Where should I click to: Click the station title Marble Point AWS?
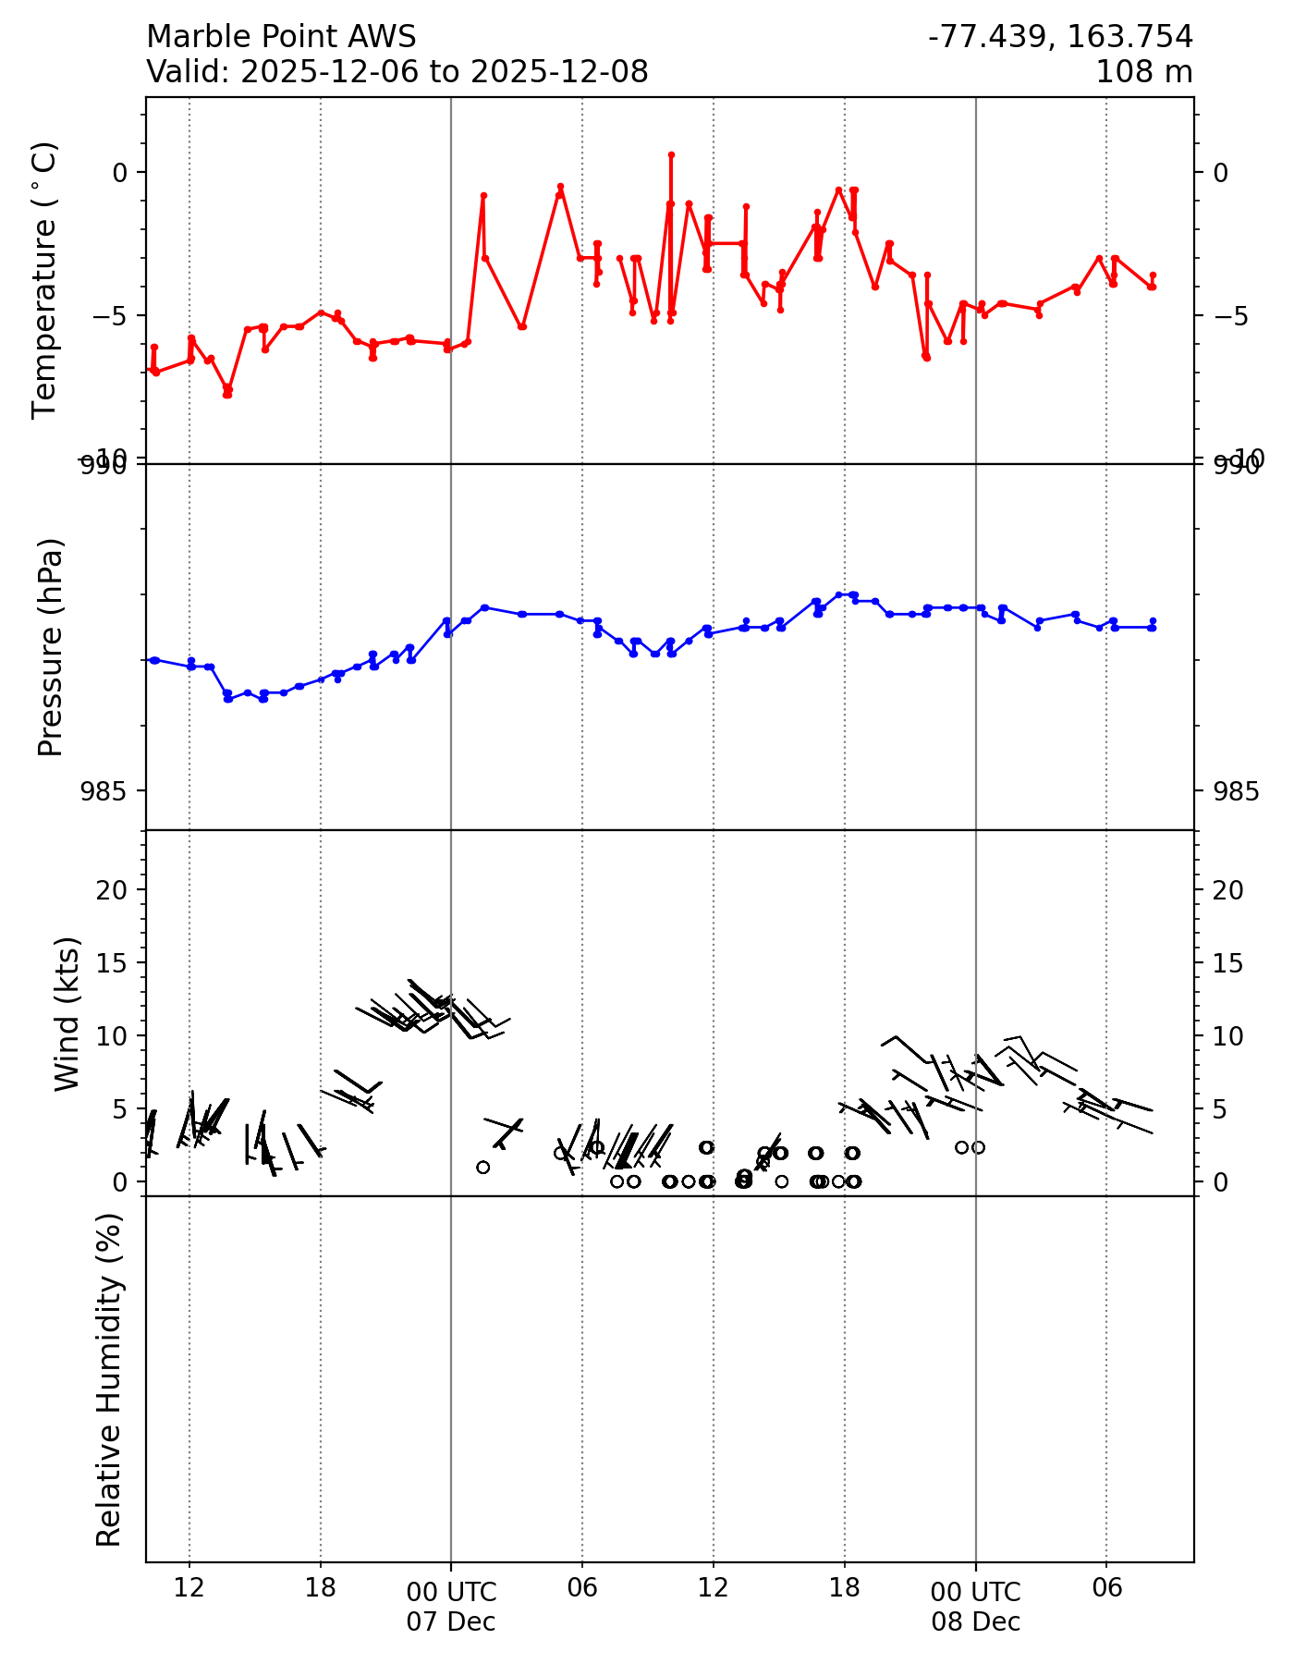point(281,37)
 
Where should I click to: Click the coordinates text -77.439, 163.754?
point(1060,37)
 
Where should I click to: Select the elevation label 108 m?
point(1143,71)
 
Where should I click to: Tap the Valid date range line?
point(397,71)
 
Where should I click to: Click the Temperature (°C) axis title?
point(45,280)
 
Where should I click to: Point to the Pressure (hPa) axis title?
point(51,647)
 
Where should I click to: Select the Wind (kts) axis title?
point(67,1013)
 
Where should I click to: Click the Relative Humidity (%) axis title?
point(109,1379)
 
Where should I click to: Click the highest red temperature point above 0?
point(671,154)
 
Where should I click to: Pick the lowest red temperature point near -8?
point(227,395)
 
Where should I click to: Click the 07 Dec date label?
point(451,1621)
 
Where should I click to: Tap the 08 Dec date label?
point(976,1621)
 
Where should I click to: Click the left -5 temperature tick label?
point(109,316)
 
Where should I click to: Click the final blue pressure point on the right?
point(1153,621)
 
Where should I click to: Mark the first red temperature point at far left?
point(149,369)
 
